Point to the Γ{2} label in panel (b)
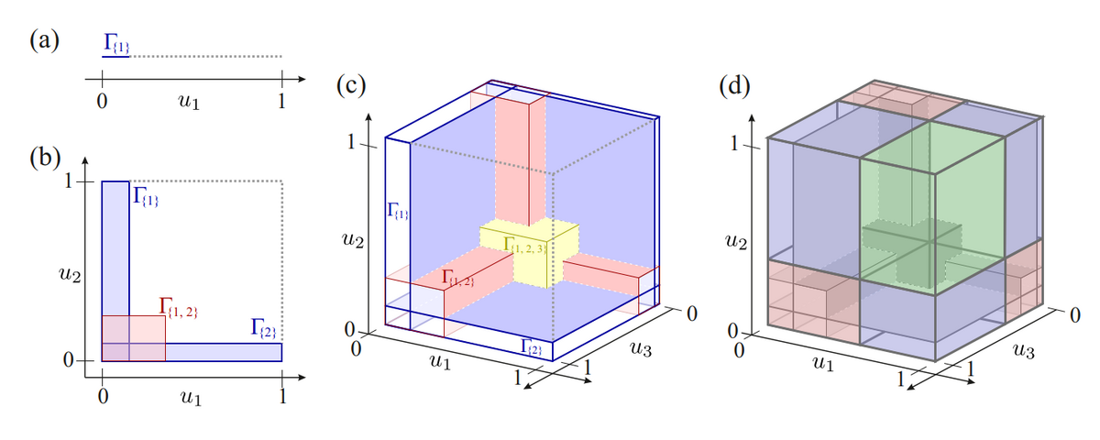pos(264,328)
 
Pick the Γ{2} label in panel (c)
pos(533,346)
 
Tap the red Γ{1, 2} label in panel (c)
pos(456,275)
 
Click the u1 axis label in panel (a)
pos(192,101)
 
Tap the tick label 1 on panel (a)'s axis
pos(281,100)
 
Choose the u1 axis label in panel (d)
pos(824,365)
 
